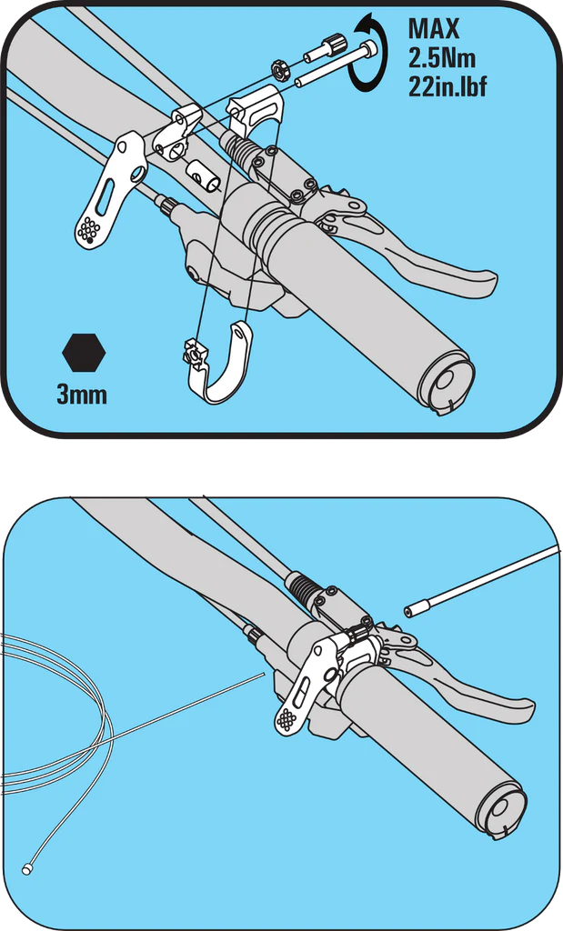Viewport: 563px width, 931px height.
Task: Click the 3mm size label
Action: point(82,395)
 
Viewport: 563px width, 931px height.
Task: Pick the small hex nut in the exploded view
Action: point(278,68)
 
